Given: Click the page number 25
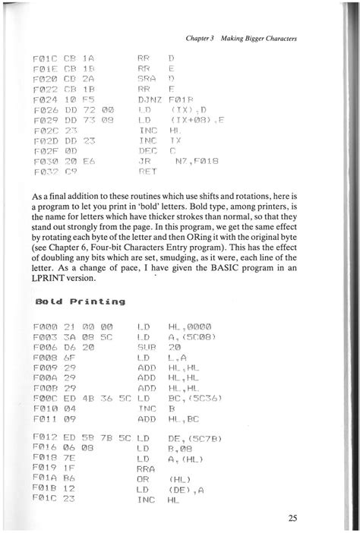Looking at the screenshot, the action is pyautogui.click(x=292, y=519).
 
